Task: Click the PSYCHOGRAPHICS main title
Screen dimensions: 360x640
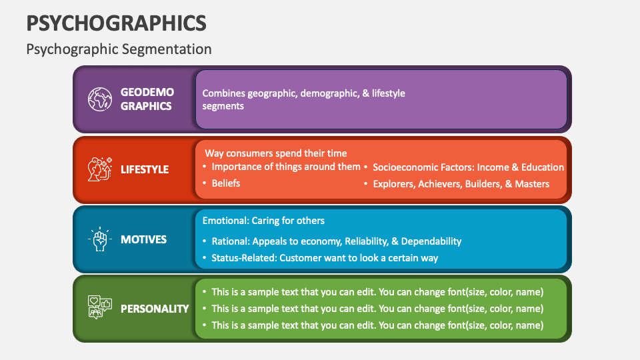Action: point(117,23)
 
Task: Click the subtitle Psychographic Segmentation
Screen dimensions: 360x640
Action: point(119,49)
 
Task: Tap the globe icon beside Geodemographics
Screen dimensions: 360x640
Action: point(100,99)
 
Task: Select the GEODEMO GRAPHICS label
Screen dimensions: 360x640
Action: point(147,99)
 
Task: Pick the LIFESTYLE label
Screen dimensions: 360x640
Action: point(145,169)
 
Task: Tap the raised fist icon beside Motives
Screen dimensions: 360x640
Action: point(100,239)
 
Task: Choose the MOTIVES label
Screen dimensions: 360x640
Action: point(144,239)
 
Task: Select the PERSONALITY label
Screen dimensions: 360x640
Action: point(155,309)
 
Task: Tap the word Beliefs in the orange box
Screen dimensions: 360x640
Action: point(226,183)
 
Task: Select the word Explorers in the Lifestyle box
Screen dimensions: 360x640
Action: point(393,184)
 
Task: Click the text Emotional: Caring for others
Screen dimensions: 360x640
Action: point(263,221)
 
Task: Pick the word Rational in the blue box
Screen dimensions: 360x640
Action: point(231,241)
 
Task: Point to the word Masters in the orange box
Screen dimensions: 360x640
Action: point(532,184)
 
